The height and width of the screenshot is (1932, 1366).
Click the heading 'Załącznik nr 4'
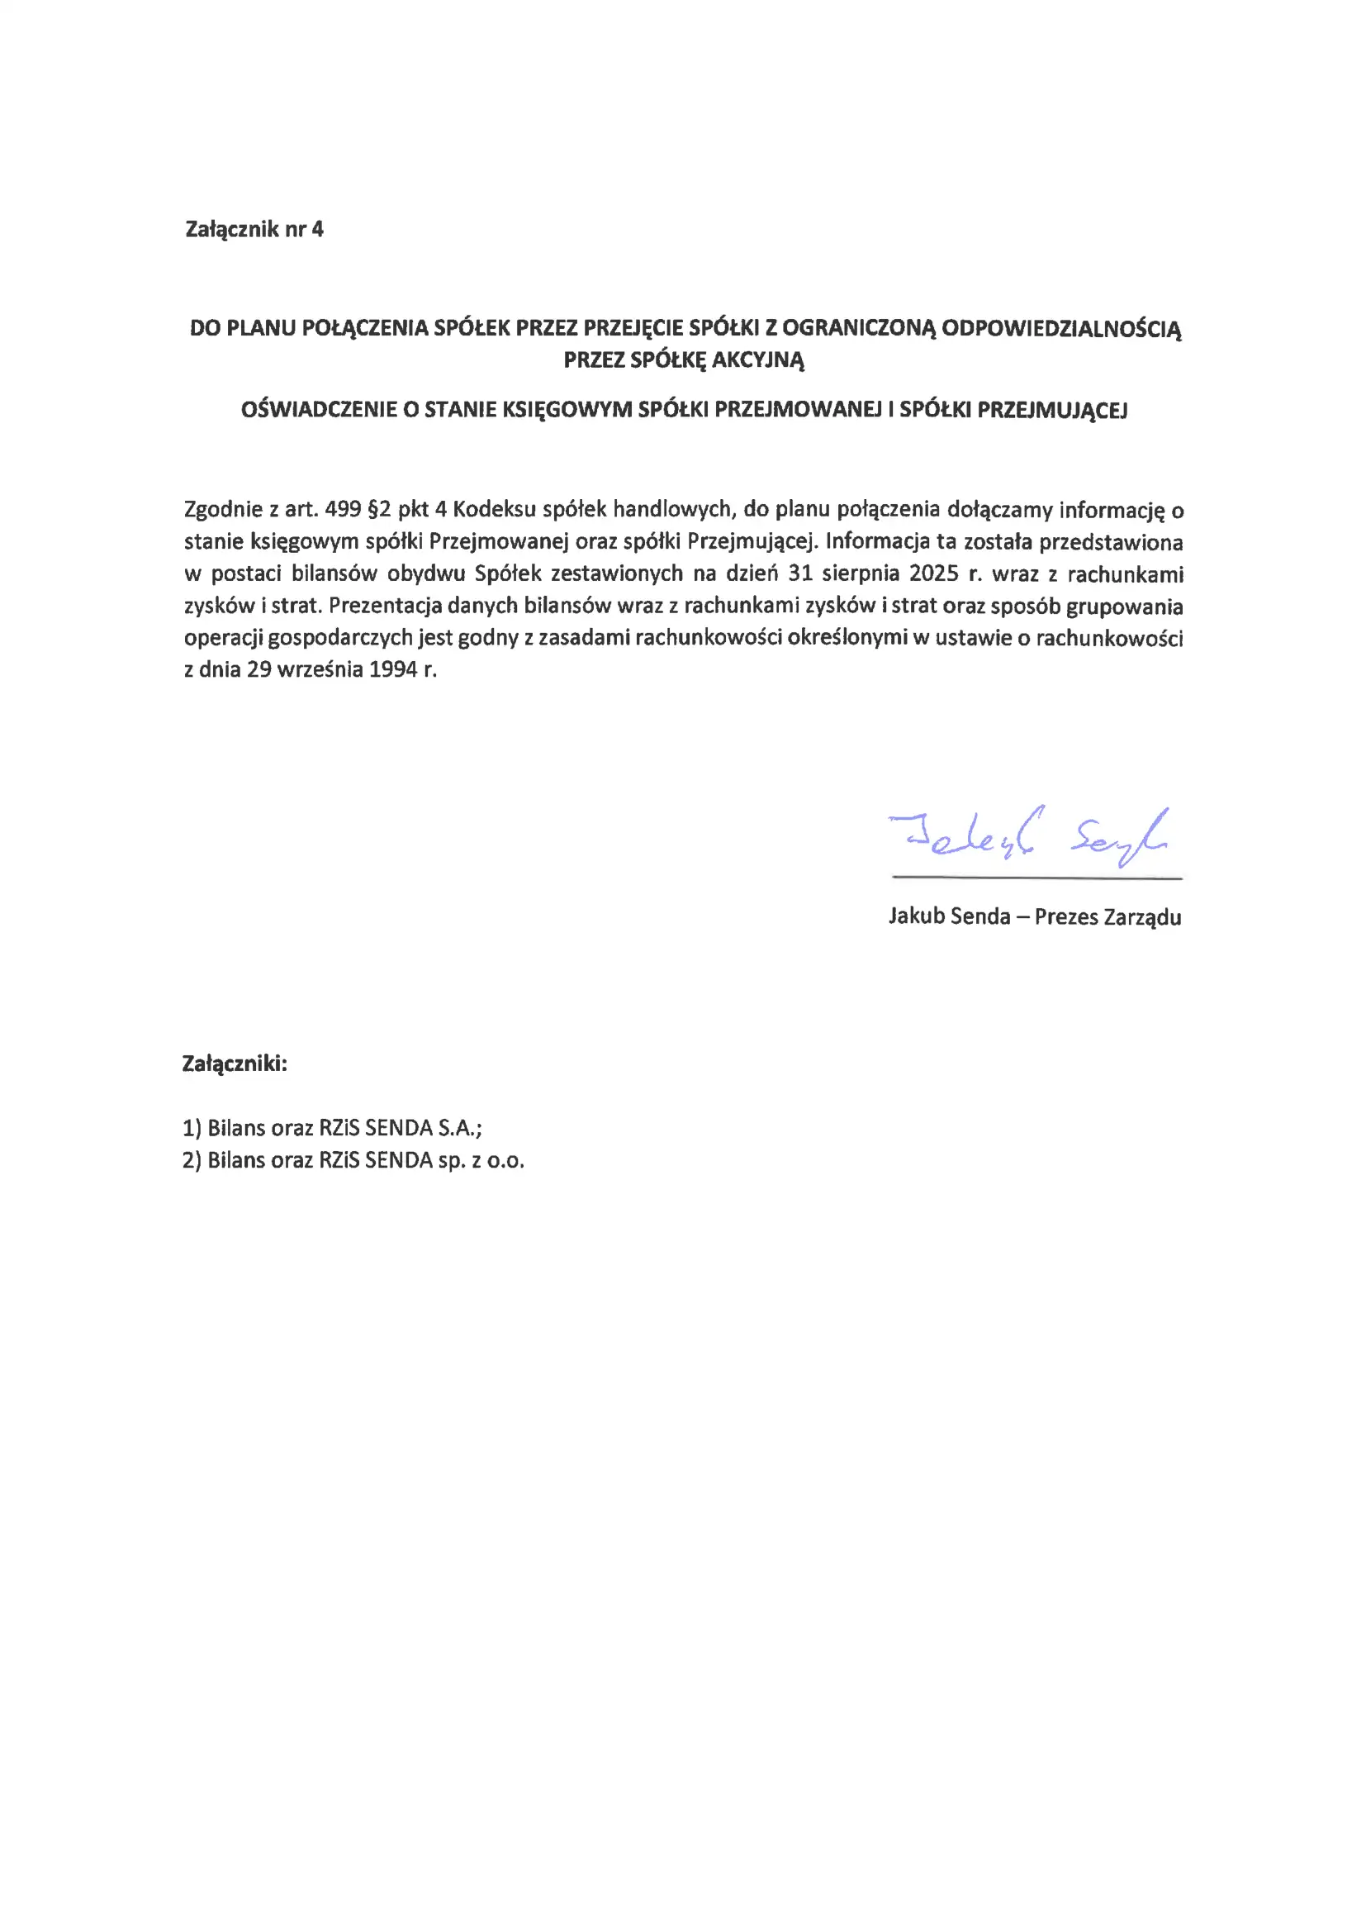(x=254, y=230)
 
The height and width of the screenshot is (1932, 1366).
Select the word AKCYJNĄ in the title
(x=758, y=360)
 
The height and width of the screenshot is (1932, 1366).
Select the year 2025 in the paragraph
(x=934, y=573)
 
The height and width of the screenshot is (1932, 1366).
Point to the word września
(x=316, y=670)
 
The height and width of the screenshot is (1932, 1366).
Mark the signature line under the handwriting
(x=1036, y=878)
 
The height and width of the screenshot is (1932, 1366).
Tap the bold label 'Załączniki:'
(x=235, y=1064)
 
